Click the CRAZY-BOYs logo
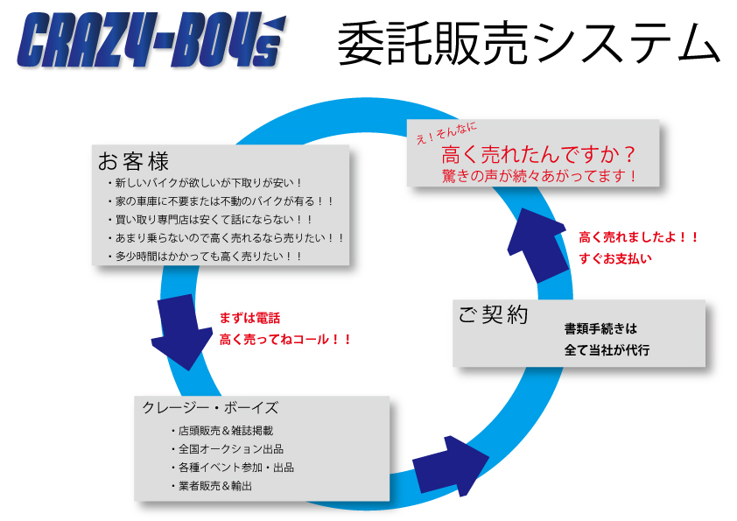(x=151, y=40)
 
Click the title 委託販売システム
(x=529, y=43)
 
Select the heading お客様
(x=134, y=161)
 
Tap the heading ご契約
(x=494, y=314)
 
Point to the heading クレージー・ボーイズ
(x=210, y=407)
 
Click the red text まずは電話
(x=249, y=319)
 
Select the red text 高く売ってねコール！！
(x=284, y=340)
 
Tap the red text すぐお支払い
(x=614, y=258)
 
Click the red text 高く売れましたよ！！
(x=638, y=237)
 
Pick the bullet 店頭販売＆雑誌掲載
(x=221, y=430)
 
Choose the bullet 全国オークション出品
(x=228, y=448)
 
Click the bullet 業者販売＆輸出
(x=212, y=486)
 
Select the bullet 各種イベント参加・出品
(x=233, y=467)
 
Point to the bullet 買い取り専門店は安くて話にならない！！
(x=210, y=220)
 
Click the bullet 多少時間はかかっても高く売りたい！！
(x=205, y=257)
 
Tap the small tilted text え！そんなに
(x=446, y=132)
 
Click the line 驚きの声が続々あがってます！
(x=538, y=176)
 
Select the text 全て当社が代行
(x=607, y=350)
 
